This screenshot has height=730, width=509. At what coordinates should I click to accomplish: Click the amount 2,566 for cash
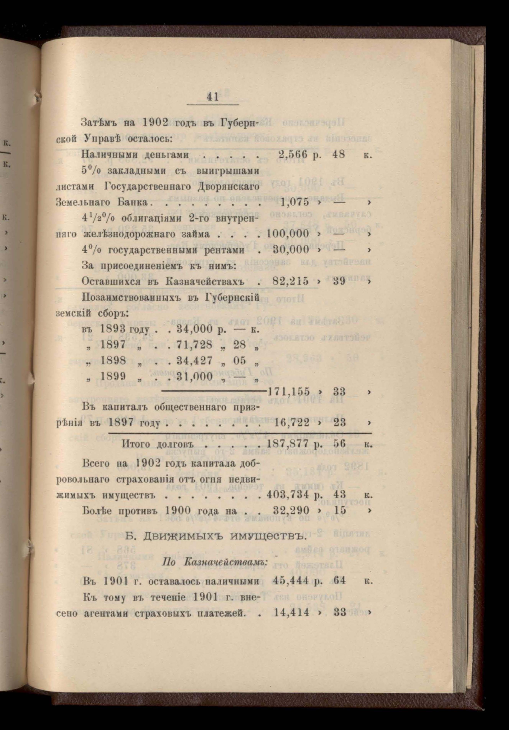pyautogui.click(x=293, y=155)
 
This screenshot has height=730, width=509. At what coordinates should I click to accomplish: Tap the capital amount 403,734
pyautogui.click(x=288, y=495)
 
